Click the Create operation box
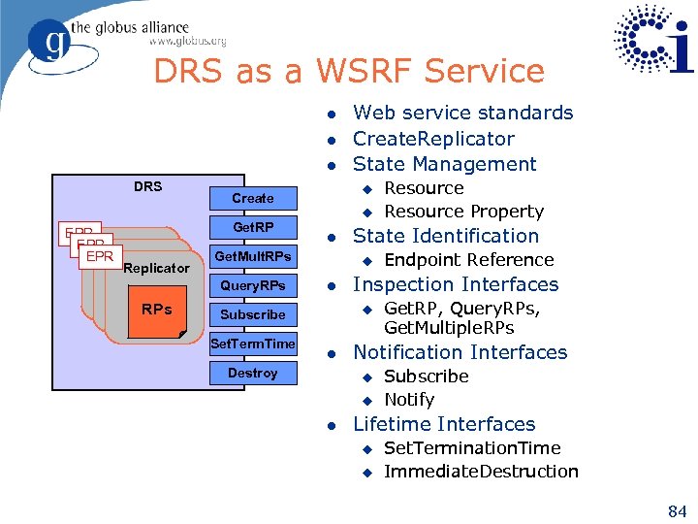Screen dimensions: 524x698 (253, 198)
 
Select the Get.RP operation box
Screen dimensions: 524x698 (253, 227)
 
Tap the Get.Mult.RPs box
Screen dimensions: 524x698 (253, 256)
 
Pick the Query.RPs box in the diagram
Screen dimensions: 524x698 (253, 285)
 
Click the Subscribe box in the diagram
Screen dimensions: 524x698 (253, 314)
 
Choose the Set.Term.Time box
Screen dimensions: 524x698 (253, 344)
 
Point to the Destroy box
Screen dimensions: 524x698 (253, 373)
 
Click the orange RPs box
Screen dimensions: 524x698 (156, 311)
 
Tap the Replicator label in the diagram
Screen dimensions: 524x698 (157, 268)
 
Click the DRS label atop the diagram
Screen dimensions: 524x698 (147, 186)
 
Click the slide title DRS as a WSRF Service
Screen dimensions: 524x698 (349, 71)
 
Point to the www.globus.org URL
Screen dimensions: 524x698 (187, 42)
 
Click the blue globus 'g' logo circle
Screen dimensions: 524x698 (48, 44)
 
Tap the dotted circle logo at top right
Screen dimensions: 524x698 (653, 41)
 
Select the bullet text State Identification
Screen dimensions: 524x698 (445, 236)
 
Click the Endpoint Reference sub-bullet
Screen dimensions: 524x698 (468, 260)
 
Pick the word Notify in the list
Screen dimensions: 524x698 (408, 400)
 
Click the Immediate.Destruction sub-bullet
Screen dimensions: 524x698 (481, 472)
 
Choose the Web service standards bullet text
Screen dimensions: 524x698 (462, 113)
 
